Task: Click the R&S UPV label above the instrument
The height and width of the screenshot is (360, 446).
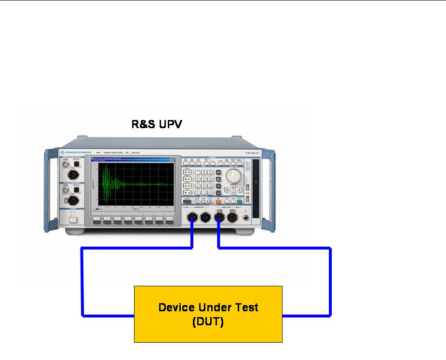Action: pyautogui.click(x=157, y=124)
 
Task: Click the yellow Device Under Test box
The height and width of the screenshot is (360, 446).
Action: pyautogui.click(x=208, y=314)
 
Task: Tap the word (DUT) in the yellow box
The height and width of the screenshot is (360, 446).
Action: pyautogui.click(x=208, y=321)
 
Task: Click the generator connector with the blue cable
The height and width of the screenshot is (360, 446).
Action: pyautogui.click(x=193, y=219)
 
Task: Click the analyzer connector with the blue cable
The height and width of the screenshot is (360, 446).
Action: pyautogui.click(x=219, y=219)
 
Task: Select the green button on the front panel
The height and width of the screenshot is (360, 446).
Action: pyautogui.click(x=245, y=201)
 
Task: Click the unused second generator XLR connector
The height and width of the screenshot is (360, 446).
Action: pyautogui.click(x=206, y=219)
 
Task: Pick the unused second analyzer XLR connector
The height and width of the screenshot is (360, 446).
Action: pyautogui.click(x=233, y=219)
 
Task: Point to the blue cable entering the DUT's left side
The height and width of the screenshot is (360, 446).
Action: pyautogui.click(x=108, y=316)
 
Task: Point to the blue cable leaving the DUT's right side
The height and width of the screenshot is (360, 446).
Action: pyautogui.click(x=306, y=316)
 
